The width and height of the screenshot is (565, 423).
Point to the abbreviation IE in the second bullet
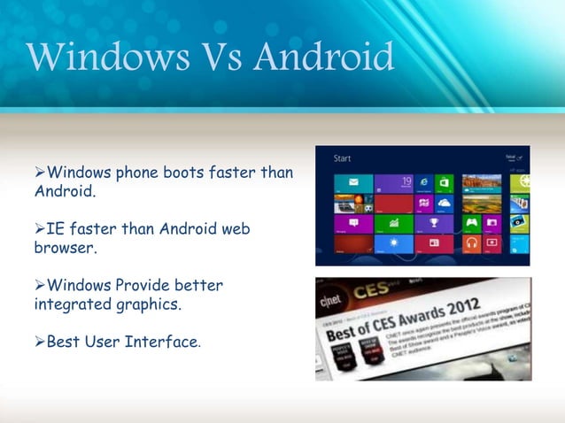(55, 229)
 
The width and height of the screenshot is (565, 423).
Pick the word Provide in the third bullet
(146, 285)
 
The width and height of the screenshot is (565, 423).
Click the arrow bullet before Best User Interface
(40, 341)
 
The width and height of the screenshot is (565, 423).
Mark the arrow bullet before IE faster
(40, 229)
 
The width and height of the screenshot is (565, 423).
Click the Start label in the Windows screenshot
(343, 159)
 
